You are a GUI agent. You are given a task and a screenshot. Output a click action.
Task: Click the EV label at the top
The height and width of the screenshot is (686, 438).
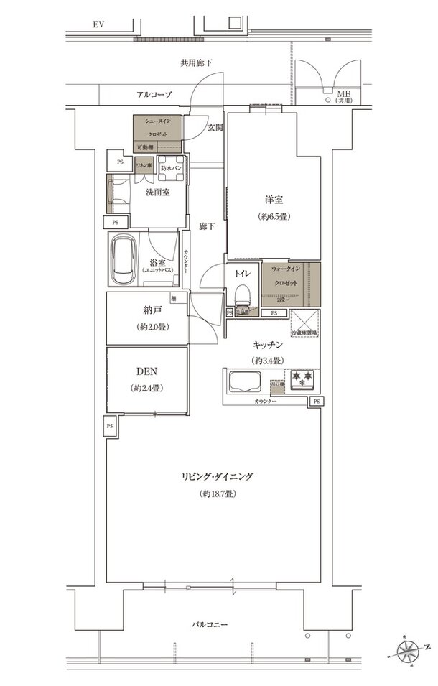pyautogui.click(x=98, y=24)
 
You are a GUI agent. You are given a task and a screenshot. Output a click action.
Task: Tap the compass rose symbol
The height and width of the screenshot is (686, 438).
pyautogui.click(x=412, y=654)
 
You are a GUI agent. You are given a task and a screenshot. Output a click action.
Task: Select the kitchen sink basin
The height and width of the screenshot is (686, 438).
pyautogui.click(x=245, y=381)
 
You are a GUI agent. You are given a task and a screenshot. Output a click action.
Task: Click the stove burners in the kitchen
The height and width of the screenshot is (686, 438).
pyautogui.click(x=301, y=377)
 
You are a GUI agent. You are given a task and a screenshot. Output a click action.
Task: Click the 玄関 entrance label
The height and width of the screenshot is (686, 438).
pyautogui.click(x=215, y=127)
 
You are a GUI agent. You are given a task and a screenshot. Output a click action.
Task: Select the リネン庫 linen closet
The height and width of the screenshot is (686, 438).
pyautogui.click(x=144, y=164)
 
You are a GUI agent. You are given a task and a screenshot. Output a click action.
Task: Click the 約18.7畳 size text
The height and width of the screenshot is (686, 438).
pyautogui.click(x=218, y=495)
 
